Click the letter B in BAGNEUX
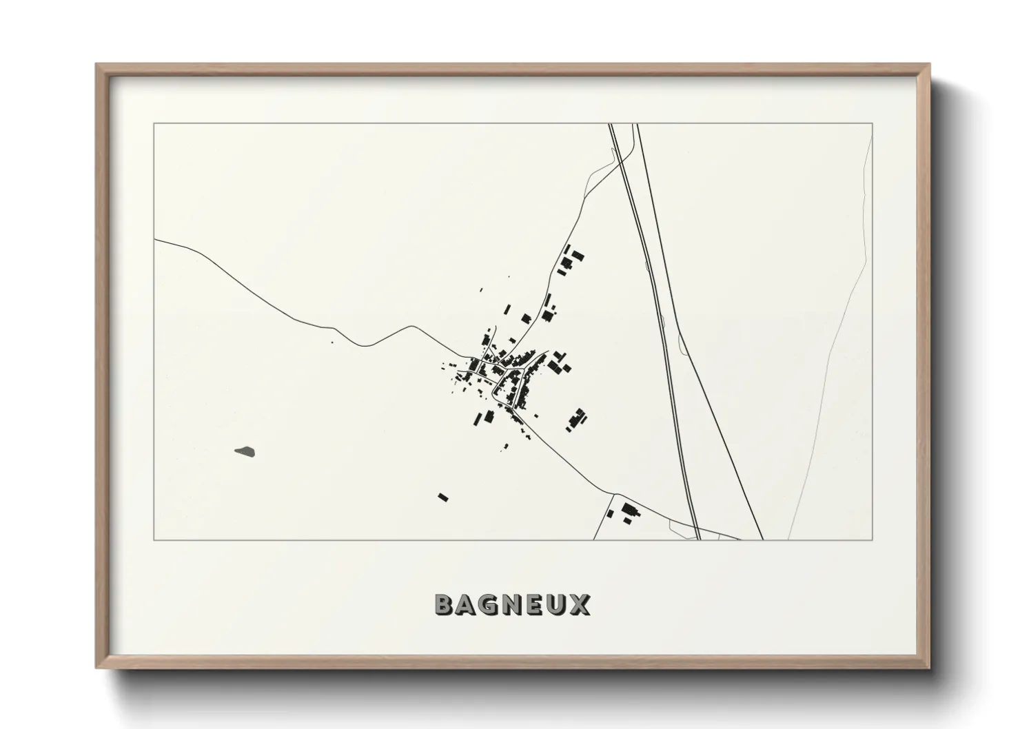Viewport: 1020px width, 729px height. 445,605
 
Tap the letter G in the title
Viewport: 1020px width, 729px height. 489,605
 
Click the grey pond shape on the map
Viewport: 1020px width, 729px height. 245,452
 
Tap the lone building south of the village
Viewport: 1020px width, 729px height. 443,496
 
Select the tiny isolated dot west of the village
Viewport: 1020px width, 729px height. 332,342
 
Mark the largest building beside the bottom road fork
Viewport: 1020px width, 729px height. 628,510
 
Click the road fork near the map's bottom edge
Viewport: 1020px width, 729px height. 613,493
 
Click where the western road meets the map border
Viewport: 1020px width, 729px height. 154,240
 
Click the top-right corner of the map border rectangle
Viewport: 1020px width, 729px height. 873,123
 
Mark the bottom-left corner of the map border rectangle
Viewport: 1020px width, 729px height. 154,540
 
